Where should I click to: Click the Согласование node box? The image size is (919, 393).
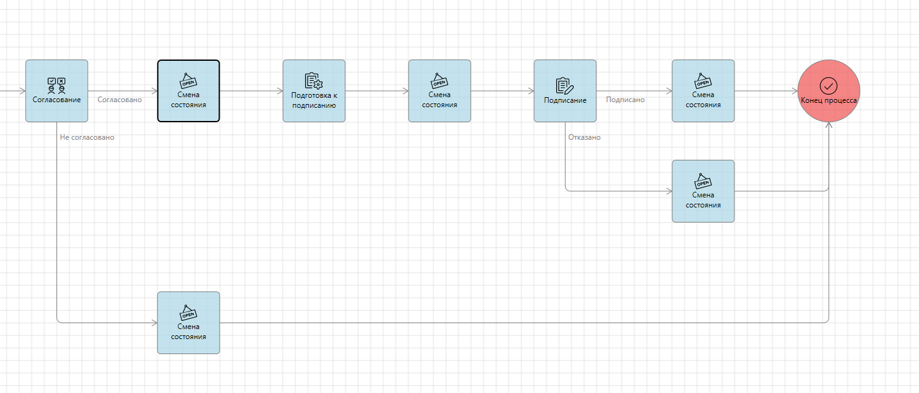pyautogui.click(x=56, y=91)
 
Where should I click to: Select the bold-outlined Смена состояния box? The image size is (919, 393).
pyautogui.click(x=188, y=91)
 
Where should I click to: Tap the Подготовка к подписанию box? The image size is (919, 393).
pyautogui.click(x=314, y=91)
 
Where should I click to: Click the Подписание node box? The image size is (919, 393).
pyautogui.click(x=565, y=91)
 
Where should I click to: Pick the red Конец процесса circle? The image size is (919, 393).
pyautogui.click(x=829, y=91)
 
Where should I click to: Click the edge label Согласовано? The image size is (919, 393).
pyautogui.click(x=119, y=100)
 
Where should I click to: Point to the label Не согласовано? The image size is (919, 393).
pyautogui.click(x=87, y=137)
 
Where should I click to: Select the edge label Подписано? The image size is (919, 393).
pyautogui.click(x=625, y=100)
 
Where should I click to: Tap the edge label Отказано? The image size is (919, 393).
pyautogui.click(x=584, y=137)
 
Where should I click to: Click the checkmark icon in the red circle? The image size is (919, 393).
pyautogui.click(x=829, y=85)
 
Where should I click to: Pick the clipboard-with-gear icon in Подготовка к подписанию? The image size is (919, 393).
pyautogui.click(x=313, y=81)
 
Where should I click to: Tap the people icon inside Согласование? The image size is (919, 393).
pyautogui.click(x=56, y=86)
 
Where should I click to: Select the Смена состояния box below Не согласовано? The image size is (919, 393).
pyautogui.click(x=188, y=323)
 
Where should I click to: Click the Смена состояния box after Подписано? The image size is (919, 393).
pyautogui.click(x=703, y=91)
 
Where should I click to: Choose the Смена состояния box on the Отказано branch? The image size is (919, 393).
pyautogui.click(x=703, y=191)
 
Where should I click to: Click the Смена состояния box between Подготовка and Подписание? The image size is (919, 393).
pyautogui.click(x=439, y=91)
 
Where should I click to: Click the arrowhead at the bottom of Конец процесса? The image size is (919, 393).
pyautogui.click(x=829, y=125)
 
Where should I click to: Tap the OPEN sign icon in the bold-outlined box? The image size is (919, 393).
pyautogui.click(x=188, y=81)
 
